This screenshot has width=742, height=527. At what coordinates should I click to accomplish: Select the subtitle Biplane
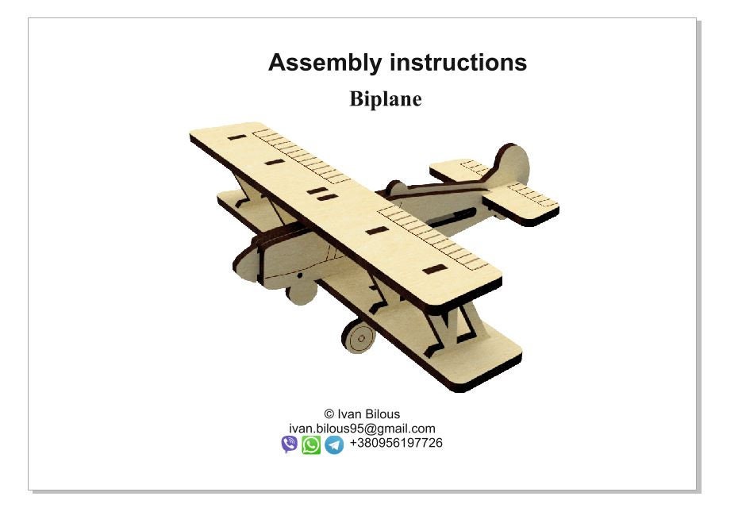(385, 99)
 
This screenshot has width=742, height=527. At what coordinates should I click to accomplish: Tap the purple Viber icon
(290, 444)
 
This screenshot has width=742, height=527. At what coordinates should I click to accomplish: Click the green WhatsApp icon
(312, 444)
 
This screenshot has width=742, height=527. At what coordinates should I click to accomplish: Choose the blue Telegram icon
(334, 444)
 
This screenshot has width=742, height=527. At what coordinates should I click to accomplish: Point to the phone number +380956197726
(396, 443)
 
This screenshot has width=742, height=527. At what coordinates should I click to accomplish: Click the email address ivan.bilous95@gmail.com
(362, 429)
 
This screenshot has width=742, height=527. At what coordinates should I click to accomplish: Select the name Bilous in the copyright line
(383, 414)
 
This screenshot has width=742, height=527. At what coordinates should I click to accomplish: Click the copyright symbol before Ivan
(329, 414)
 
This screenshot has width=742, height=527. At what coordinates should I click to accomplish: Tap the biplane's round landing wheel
(360, 337)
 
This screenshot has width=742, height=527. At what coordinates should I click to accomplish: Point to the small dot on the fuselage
(301, 275)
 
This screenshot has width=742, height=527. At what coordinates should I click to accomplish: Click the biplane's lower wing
(476, 361)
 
